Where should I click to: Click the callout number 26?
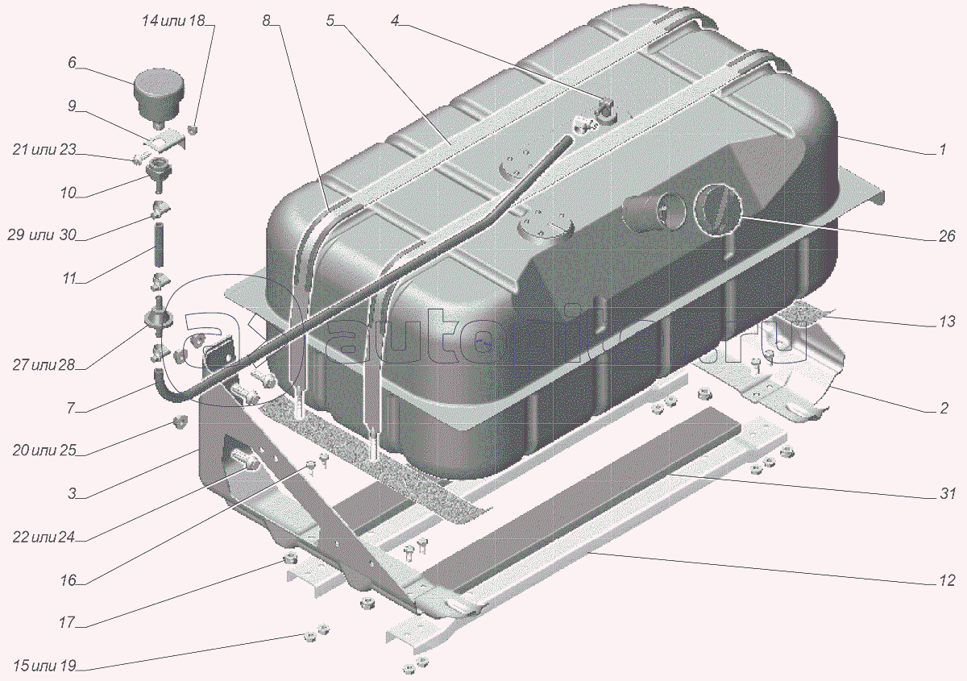(x=946, y=236)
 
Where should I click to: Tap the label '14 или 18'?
(x=173, y=21)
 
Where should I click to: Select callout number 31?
(x=948, y=493)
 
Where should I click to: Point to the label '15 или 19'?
(x=44, y=666)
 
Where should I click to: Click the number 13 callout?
(x=947, y=322)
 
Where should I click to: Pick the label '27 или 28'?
(x=44, y=365)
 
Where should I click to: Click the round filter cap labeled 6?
(x=160, y=99)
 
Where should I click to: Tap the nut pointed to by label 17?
(x=289, y=559)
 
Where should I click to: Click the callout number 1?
(x=943, y=149)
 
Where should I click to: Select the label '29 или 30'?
(x=41, y=235)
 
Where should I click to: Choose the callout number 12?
(x=947, y=581)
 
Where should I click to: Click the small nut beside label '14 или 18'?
(x=193, y=129)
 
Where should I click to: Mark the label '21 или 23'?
(x=44, y=149)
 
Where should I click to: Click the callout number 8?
(x=267, y=20)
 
